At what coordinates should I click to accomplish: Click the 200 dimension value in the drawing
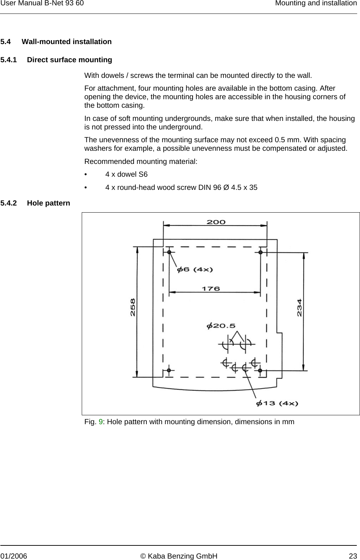216,222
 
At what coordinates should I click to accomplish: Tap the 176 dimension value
211,289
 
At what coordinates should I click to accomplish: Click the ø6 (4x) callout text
195,270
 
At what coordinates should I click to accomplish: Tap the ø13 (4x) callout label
277,403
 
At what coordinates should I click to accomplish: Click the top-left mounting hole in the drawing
170,252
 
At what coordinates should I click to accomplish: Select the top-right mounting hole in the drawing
260,252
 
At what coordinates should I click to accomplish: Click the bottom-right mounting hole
260,370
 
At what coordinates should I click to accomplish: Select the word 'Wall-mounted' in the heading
46,42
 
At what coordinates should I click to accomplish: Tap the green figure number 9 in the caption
101,422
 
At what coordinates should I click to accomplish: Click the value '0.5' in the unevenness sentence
281,140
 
